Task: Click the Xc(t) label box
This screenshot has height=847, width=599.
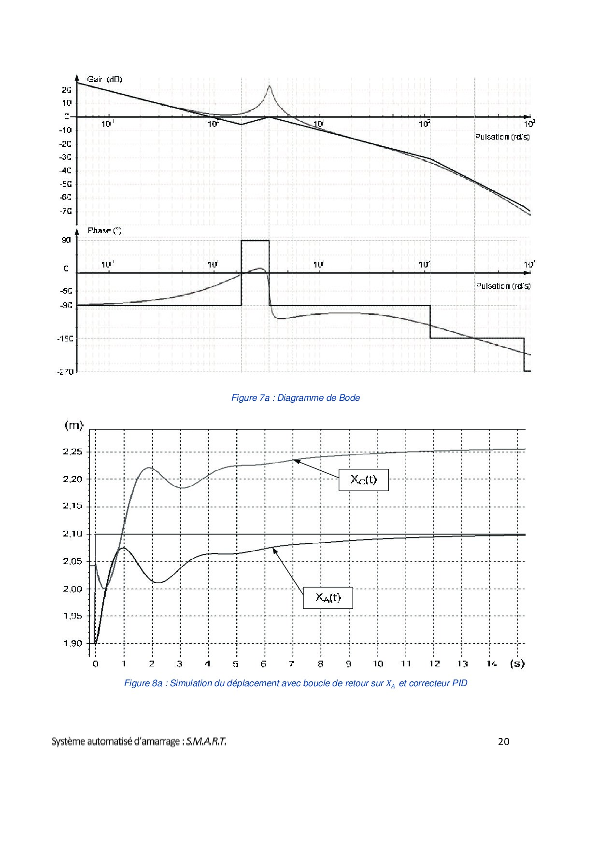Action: (363, 480)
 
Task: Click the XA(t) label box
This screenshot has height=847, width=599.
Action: (328, 598)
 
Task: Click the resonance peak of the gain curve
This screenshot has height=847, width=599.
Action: (269, 86)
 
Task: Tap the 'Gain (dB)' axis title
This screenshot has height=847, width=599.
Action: (104, 79)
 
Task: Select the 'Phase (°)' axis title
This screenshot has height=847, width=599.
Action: (104, 230)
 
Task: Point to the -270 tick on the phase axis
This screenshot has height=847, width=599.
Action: (66, 372)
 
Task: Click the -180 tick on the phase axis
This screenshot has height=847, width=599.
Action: (66, 339)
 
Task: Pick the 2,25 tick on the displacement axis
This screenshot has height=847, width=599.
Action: (73, 452)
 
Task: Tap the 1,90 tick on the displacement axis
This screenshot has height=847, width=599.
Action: (73, 643)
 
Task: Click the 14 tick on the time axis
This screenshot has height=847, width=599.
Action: (491, 663)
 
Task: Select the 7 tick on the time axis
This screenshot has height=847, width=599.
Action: (291, 663)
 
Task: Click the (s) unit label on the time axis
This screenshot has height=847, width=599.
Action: (517, 663)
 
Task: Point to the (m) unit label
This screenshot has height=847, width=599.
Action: (73, 425)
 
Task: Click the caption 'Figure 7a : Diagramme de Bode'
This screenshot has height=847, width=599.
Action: (296, 398)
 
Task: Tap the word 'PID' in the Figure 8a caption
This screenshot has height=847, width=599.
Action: (459, 683)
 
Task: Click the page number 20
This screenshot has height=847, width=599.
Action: (503, 741)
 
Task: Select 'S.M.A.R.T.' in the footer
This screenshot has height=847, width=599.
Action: (206, 742)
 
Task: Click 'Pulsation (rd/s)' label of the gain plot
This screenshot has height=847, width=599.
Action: (502, 137)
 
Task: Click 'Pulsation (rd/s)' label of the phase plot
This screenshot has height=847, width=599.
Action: (503, 286)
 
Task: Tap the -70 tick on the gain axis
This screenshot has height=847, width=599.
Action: (66, 211)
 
